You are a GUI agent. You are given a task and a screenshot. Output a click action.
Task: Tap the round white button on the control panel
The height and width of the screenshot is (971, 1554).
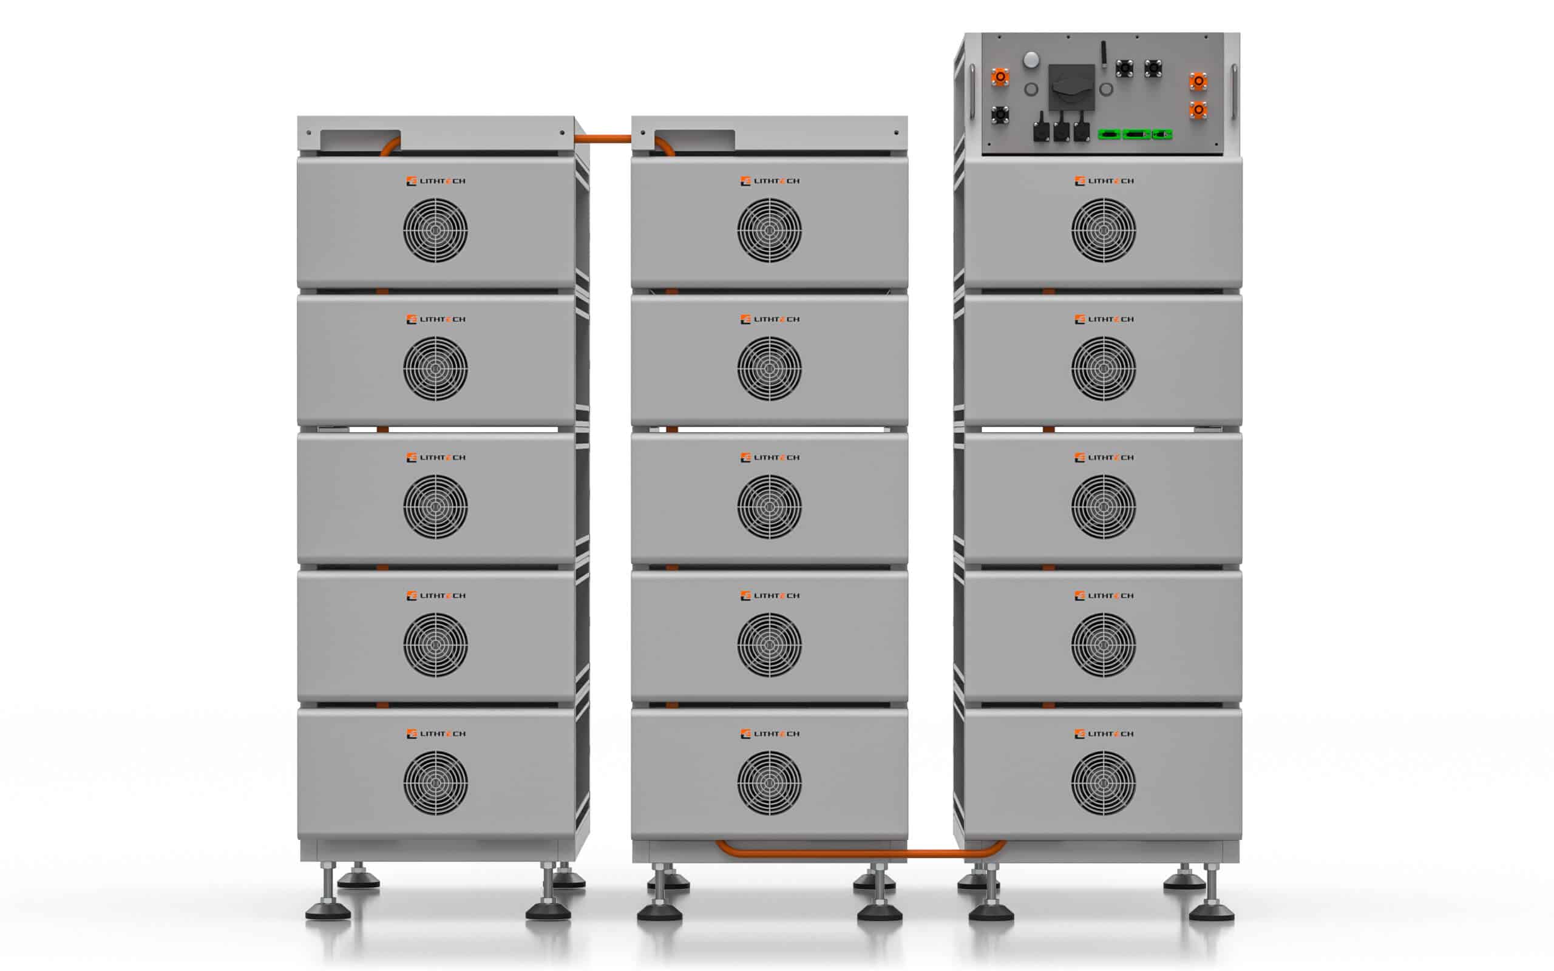(1031, 59)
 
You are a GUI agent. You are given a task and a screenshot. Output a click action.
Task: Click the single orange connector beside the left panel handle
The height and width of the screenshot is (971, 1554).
(1000, 77)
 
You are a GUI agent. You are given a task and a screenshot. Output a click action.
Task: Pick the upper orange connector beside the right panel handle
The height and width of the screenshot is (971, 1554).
(1198, 81)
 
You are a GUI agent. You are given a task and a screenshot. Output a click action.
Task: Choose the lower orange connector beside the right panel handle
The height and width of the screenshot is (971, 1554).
(1198, 110)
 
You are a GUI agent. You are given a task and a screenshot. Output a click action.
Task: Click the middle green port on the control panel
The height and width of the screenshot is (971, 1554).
(1136, 134)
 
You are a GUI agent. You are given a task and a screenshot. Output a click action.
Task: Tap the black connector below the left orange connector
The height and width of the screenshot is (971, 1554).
(999, 115)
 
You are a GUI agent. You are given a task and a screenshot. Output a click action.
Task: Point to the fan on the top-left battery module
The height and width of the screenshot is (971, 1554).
(435, 230)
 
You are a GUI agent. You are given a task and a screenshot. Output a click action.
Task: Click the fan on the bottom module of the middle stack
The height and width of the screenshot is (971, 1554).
(769, 783)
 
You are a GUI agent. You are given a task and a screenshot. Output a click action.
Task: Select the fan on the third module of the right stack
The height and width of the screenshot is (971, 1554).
(1103, 507)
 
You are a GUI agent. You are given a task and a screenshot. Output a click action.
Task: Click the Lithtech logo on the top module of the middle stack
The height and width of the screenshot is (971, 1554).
(770, 181)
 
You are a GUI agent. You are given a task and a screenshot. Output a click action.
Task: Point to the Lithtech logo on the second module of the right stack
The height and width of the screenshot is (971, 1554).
(1104, 319)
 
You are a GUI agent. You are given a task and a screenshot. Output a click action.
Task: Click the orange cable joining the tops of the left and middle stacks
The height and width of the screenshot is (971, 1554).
(602, 139)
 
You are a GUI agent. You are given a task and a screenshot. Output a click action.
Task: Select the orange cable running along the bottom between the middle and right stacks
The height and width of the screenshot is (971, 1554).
(861, 853)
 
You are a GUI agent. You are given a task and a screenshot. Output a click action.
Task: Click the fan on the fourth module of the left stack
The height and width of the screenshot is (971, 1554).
(435, 645)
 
